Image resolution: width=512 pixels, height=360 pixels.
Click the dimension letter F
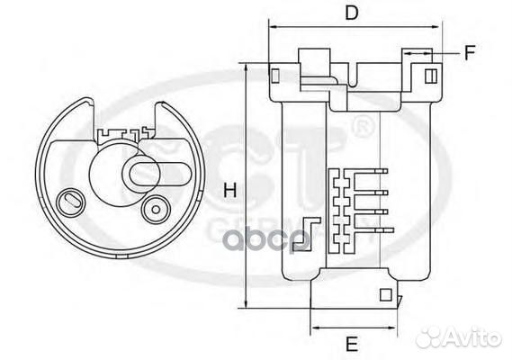click(x=469, y=52)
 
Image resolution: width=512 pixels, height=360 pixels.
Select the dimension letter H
click(x=229, y=190)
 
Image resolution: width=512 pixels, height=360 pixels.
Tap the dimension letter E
click(x=353, y=343)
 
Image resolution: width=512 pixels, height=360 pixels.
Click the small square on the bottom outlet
click(x=386, y=292)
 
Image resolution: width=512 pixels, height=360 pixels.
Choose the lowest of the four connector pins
click(x=377, y=231)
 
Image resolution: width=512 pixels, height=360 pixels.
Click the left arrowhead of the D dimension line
click(x=273, y=28)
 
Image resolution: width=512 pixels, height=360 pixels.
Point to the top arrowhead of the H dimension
click(x=247, y=69)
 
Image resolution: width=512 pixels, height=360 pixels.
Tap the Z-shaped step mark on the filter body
click(x=309, y=232)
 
